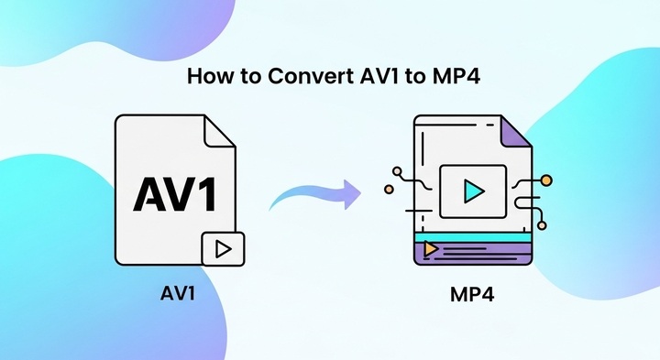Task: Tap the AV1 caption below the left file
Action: pyautogui.click(x=181, y=296)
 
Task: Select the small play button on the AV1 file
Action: pyautogui.click(x=222, y=247)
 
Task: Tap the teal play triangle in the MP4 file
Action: pyautogui.click(x=473, y=191)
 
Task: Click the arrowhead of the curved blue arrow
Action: pyautogui.click(x=351, y=191)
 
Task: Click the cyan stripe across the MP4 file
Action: pyautogui.click(x=472, y=236)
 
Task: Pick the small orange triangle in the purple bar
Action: pyautogui.click(x=431, y=246)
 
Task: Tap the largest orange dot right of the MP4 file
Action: pyautogui.click(x=546, y=180)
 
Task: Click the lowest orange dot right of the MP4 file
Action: pyautogui.click(x=542, y=224)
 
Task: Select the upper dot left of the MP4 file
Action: pyautogui.click(x=397, y=170)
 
